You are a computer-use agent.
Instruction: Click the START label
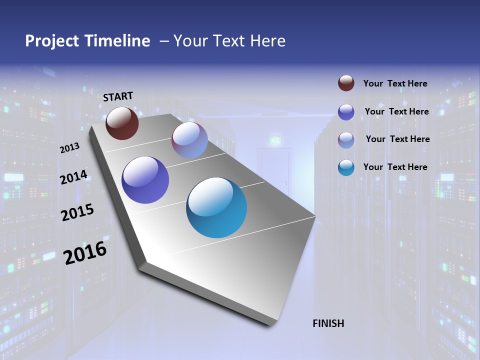tap(118, 96)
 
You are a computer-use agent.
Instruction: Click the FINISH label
tap(328, 323)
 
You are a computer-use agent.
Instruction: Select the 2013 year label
tap(69, 147)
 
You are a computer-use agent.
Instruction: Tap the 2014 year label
tap(73, 177)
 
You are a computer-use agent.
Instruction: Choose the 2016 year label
tap(85, 253)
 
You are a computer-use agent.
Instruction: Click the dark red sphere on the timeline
tap(122, 123)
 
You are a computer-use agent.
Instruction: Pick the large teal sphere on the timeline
tap(216, 207)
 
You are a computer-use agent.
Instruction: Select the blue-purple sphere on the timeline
tap(145, 180)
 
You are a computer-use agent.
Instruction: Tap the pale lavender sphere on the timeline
tap(189, 140)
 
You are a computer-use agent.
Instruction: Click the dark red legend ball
tap(346, 83)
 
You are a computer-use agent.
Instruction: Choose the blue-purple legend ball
tap(346, 112)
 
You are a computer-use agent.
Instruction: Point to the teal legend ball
tap(346, 167)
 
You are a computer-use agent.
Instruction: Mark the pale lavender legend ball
tap(346, 139)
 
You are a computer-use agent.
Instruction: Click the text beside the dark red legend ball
tap(395, 83)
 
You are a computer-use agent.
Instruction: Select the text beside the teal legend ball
tap(395, 167)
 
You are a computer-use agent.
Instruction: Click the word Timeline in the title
tap(118, 41)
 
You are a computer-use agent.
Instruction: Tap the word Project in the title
tap(51, 41)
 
